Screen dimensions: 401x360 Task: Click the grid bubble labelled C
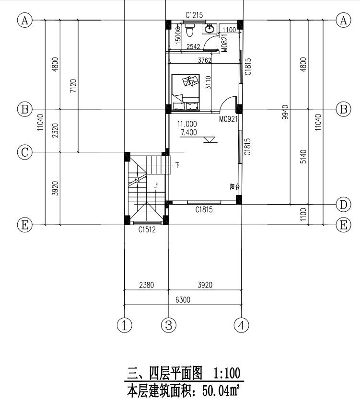24,152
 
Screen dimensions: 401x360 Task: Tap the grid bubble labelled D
343,205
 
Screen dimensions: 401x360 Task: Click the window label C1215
194,16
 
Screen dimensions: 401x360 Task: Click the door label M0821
223,44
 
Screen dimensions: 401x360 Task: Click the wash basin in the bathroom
209,30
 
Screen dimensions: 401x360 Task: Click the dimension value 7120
73,86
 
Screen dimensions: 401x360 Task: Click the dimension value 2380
146,286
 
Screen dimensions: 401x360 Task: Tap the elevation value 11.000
186,124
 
